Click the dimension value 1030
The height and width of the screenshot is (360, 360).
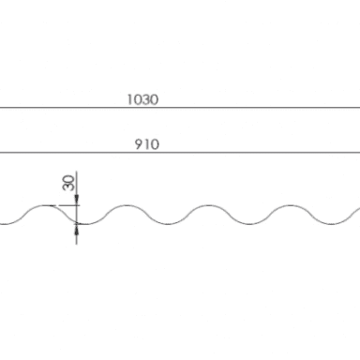pyautogui.click(x=142, y=99)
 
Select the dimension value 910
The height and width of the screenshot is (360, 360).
pyautogui.click(x=147, y=144)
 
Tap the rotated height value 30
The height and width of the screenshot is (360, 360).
pyautogui.click(x=68, y=183)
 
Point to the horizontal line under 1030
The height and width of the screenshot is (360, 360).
pyautogui.click(x=180, y=108)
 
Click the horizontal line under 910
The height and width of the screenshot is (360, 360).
pyautogui.click(x=180, y=153)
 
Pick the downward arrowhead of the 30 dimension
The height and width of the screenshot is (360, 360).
pyautogui.click(x=77, y=200)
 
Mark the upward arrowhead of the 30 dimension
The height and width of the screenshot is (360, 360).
pyautogui.click(x=77, y=230)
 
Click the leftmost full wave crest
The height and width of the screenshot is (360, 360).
pyautogui.click(x=45, y=205)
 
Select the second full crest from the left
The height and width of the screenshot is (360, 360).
pyautogui.click(x=127, y=205)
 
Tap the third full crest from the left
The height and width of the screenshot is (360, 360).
pyautogui.click(x=208, y=205)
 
